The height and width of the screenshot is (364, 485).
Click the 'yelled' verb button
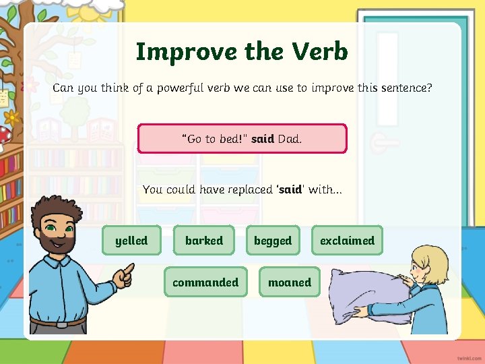[x=131, y=240]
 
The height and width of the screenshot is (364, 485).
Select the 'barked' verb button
[x=203, y=240]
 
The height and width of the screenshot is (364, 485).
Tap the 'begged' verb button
[x=273, y=240]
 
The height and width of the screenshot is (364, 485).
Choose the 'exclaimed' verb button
[x=347, y=240]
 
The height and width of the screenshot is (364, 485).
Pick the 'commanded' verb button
[x=205, y=282]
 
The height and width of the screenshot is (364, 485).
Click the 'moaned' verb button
[x=290, y=282]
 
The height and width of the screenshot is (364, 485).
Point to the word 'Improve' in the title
[x=177, y=51]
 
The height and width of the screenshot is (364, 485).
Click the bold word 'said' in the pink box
[x=262, y=139]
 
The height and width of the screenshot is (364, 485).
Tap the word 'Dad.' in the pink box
[x=290, y=139]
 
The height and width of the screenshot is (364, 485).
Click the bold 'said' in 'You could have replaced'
[x=290, y=189]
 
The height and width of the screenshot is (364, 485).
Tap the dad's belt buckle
[x=62, y=324]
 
